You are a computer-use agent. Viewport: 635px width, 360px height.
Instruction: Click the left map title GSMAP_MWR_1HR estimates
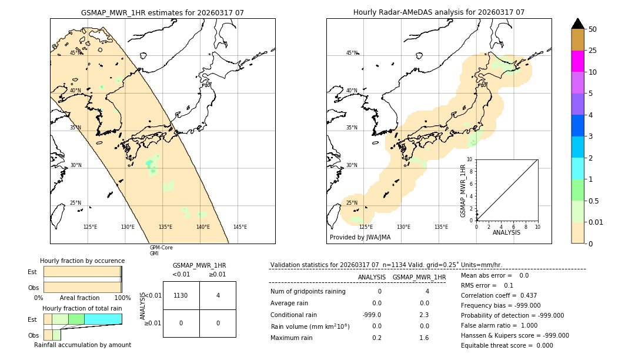(x=162, y=12)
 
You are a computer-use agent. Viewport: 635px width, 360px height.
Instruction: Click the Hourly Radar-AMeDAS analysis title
(x=439, y=12)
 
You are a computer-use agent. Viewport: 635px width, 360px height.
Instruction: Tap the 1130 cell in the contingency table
(x=181, y=295)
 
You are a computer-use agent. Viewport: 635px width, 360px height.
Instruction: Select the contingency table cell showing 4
(x=218, y=295)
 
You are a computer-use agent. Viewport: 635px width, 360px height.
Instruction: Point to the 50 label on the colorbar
(x=593, y=29)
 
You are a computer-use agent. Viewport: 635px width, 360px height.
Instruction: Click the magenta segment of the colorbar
(x=578, y=61)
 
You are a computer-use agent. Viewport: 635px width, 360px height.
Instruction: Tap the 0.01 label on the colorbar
(x=596, y=222)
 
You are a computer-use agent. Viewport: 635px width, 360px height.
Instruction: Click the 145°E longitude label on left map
(x=240, y=227)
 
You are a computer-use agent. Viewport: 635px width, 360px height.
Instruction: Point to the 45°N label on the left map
(x=76, y=53)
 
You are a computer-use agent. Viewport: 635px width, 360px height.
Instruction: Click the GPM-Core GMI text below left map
(x=161, y=251)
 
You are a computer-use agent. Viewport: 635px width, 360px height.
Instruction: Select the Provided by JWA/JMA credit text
(x=360, y=237)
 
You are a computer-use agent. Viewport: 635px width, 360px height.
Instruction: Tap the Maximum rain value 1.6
(x=423, y=338)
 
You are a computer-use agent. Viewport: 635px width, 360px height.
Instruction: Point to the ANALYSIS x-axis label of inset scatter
(x=506, y=232)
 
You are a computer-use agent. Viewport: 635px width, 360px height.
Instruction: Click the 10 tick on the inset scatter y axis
(x=470, y=159)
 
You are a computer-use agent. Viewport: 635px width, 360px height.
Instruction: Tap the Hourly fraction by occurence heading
(x=82, y=261)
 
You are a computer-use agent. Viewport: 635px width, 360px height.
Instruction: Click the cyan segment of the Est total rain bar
(x=103, y=319)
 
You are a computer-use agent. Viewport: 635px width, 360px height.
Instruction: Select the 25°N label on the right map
(x=351, y=203)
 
